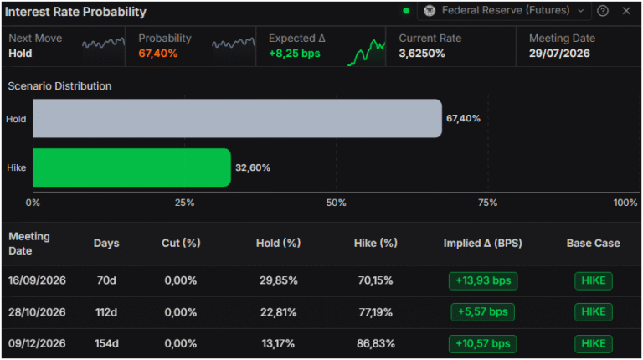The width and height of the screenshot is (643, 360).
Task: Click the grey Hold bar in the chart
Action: coord(238,118)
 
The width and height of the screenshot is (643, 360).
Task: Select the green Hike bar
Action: coord(131,167)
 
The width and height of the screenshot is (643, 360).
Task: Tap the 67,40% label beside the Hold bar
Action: coord(463,119)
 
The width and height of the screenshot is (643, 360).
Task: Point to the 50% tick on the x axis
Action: coord(337,203)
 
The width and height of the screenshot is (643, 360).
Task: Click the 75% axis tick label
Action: coord(487,203)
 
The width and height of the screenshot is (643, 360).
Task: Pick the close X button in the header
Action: coord(625,11)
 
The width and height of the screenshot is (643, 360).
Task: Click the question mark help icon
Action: coord(603,11)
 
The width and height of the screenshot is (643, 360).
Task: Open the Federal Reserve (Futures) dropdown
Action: coord(504,11)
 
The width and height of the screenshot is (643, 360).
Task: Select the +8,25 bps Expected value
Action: coord(295,54)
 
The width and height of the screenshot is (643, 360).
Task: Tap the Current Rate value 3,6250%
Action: coord(422,54)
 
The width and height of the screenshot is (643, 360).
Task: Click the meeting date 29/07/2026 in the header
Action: coord(559,54)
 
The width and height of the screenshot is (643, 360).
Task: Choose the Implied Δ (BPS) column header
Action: coord(482,243)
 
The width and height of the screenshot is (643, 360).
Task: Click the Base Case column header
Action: coord(593,243)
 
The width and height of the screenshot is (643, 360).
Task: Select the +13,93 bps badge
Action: coord(483,280)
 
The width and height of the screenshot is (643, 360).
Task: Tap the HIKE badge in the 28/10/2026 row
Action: coord(594,312)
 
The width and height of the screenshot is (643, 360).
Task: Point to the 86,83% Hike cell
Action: coord(376,343)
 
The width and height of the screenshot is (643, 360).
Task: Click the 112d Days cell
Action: coord(106,312)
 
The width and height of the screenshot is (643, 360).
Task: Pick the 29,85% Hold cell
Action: coord(279,280)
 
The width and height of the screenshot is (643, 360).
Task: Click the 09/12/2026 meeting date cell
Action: coord(37,343)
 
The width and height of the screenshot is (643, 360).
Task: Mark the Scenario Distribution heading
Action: coord(59,86)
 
